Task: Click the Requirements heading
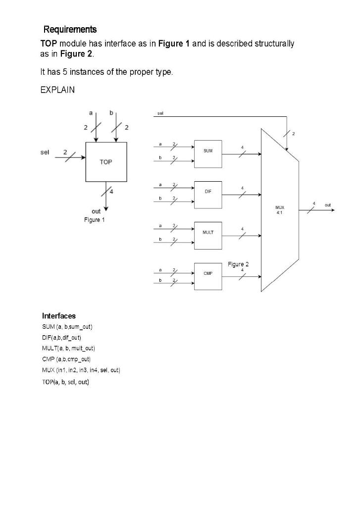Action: (70, 30)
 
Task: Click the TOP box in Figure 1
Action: (106, 162)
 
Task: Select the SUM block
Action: (208, 151)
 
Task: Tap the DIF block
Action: (208, 192)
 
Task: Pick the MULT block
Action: (208, 232)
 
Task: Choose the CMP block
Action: (208, 273)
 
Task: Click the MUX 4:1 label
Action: (280, 209)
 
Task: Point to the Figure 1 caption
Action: (94, 219)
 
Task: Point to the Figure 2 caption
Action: (238, 264)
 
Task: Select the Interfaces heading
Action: (59, 315)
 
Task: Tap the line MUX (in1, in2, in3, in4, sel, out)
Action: (81, 370)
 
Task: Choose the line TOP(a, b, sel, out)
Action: (65, 382)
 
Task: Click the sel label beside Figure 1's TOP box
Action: (45, 152)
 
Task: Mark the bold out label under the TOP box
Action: (96, 211)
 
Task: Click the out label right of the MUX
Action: (328, 204)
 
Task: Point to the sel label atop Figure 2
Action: (160, 113)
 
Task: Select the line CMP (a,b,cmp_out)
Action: (66, 359)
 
